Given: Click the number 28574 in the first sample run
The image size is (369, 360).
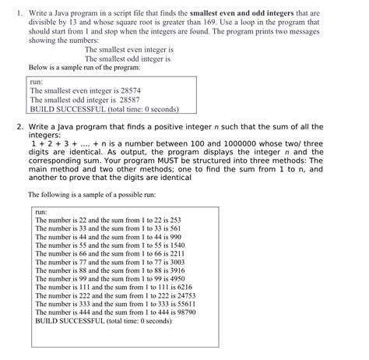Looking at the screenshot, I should [x=130, y=90].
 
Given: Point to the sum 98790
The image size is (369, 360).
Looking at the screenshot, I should [x=187, y=311].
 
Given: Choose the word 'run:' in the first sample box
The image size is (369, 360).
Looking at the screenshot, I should [x=37, y=80].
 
